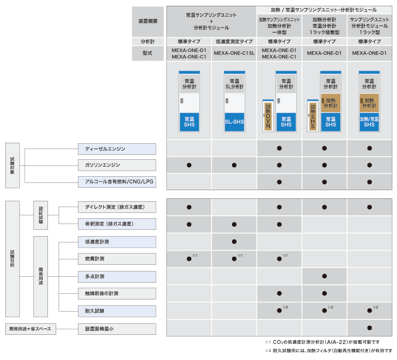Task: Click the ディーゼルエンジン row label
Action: click(117, 149)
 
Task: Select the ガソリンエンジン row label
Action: click(117, 165)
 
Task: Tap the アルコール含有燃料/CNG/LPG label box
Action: click(117, 181)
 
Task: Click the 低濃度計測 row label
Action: click(117, 241)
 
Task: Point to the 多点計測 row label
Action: click(117, 276)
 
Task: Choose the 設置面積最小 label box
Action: click(117, 329)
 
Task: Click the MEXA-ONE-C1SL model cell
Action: click(234, 53)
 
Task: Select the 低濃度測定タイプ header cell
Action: click(234, 42)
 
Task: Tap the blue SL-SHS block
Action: click(234, 121)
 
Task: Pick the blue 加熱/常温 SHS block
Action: click(369, 121)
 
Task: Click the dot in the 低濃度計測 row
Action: click(234, 241)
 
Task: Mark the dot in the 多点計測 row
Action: click(324, 276)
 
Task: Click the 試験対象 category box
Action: click(12, 165)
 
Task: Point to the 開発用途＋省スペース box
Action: click(30, 329)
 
